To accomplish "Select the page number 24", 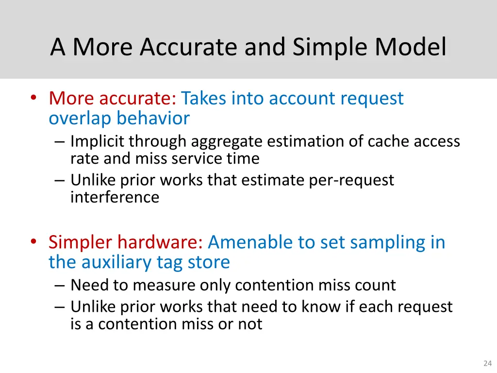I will tap(487, 363).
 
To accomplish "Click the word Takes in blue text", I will tap(203, 98).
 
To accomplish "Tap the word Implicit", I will tap(98, 141).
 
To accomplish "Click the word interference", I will tap(115, 197).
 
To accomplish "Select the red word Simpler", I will tap(81, 242).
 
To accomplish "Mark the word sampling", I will tap(380, 242).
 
